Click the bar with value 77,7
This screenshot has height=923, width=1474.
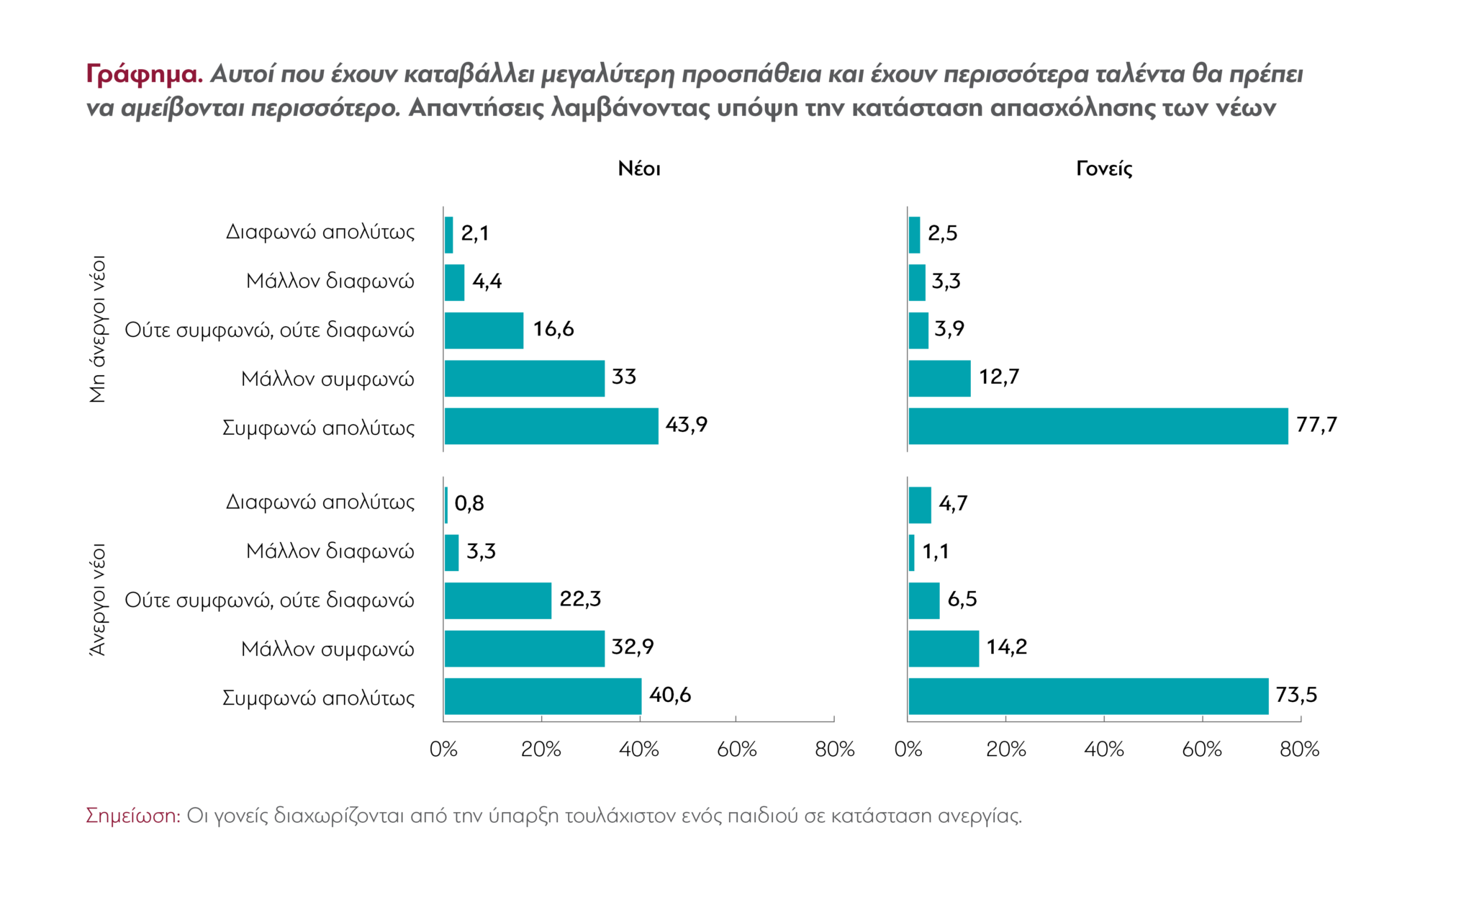click(x=1098, y=426)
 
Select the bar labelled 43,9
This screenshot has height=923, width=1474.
click(x=551, y=426)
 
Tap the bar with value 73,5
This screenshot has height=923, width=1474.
click(x=1088, y=696)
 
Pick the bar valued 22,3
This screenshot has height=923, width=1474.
click(x=498, y=600)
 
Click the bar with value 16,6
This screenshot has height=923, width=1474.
click(x=484, y=330)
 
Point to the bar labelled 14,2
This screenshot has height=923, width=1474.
click(x=944, y=649)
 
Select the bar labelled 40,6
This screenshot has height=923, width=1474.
click(x=543, y=696)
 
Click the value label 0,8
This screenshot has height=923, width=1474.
click(x=469, y=503)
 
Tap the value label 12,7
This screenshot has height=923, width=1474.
click(x=999, y=377)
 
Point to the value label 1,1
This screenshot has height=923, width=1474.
click(x=936, y=551)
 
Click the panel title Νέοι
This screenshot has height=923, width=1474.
click(x=639, y=169)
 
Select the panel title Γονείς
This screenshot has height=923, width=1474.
click(x=1104, y=169)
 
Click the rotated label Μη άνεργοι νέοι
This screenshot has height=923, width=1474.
click(x=99, y=329)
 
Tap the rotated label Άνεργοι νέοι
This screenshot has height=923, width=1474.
click(x=99, y=600)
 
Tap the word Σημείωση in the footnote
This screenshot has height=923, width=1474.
click(x=133, y=816)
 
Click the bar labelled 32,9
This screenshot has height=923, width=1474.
click(x=525, y=649)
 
